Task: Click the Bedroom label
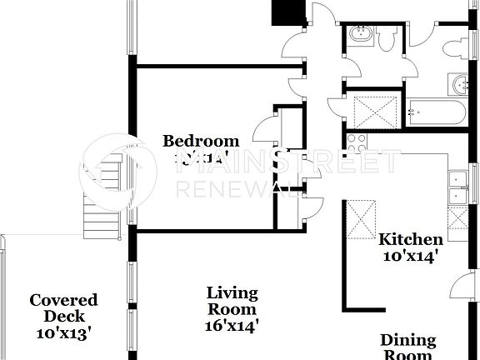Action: [200, 141]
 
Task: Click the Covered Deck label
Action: [63, 307]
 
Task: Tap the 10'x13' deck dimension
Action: [63, 332]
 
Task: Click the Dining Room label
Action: [408, 347]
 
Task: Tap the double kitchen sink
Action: [457, 187]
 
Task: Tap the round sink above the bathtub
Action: [460, 83]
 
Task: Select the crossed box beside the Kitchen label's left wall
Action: [360, 219]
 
